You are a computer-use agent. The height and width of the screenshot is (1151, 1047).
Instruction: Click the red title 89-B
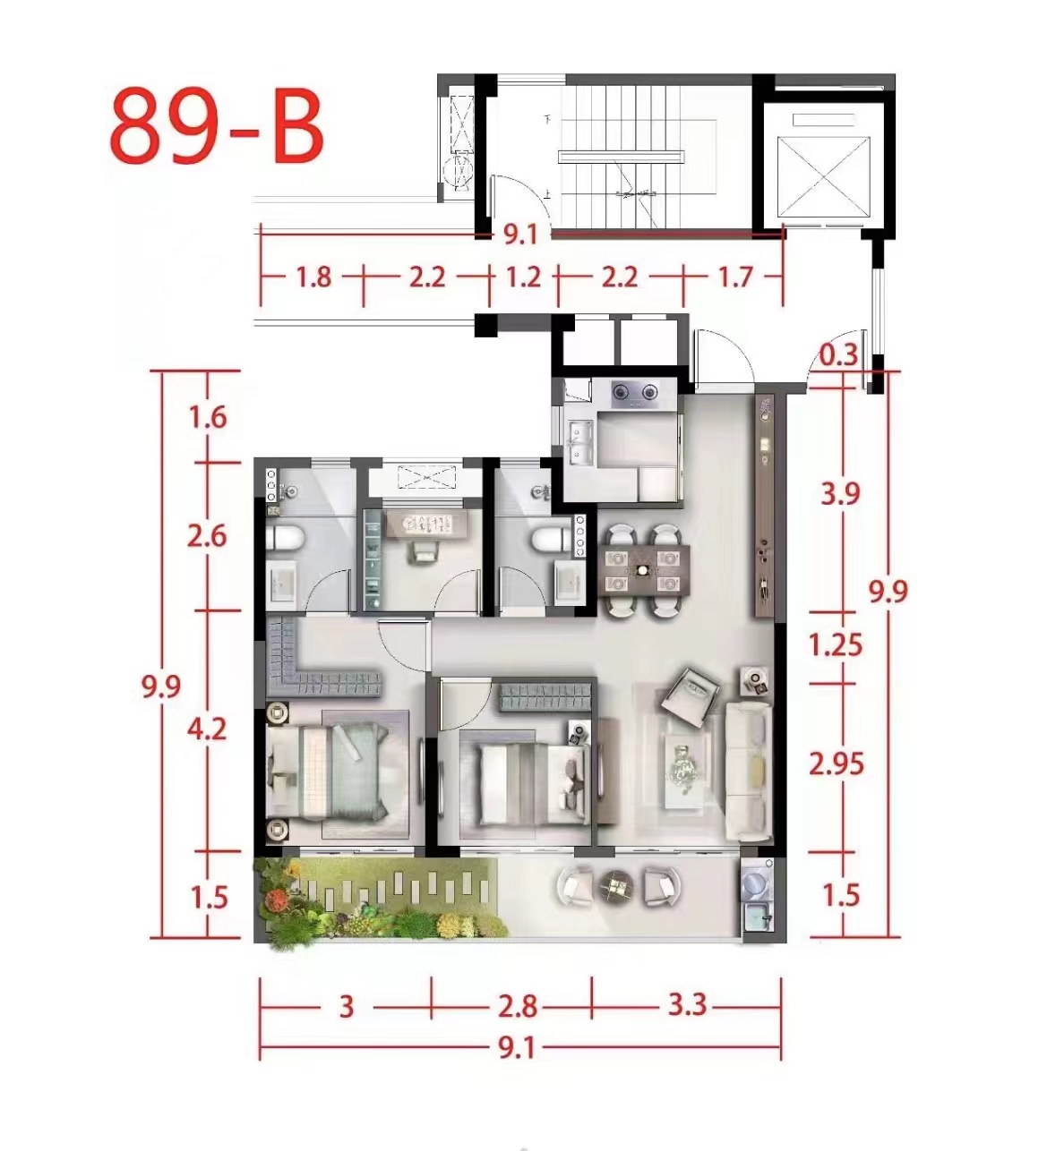217,127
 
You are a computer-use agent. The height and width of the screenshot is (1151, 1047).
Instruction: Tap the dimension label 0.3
838,355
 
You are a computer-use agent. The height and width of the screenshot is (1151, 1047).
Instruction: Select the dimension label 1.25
836,645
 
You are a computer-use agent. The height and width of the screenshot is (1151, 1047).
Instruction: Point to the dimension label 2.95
837,764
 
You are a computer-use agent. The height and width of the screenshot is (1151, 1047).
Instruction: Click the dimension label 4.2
207,729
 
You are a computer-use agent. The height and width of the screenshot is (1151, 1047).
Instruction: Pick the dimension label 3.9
840,493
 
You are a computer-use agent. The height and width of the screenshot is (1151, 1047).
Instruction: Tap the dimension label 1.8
313,277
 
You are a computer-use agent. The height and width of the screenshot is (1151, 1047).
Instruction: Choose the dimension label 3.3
687,1006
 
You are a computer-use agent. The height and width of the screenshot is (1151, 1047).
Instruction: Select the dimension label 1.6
208,417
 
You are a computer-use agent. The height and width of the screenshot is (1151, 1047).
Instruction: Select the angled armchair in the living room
690,690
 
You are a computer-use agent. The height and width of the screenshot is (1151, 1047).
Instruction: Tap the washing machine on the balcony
757,881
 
